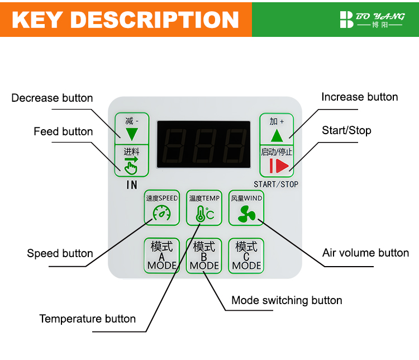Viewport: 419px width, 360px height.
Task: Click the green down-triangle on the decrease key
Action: (x=132, y=134)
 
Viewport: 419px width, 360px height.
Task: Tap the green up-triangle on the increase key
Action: (x=277, y=136)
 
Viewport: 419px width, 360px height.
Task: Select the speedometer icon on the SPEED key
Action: (x=161, y=213)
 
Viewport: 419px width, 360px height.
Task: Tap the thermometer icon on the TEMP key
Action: (x=204, y=214)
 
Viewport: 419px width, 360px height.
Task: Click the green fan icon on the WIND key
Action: (x=246, y=214)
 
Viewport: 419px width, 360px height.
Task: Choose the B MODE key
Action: (x=204, y=255)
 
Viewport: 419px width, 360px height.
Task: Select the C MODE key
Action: (x=246, y=255)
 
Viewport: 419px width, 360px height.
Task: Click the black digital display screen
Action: (x=203, y=144)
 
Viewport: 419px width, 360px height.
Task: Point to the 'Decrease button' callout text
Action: (x=52, y=98)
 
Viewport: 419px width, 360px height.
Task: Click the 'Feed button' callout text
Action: (x=63, y=131)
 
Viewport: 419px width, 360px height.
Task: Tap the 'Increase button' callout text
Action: (x=360, y=97)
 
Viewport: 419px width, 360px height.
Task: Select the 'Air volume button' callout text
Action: (x=365, y=253)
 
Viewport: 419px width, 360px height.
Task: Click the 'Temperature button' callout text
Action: (x=88, y=319)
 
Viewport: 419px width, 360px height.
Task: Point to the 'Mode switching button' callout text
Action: (x=287, y=300)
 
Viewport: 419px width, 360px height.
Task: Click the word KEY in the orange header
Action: (x=37, y=20)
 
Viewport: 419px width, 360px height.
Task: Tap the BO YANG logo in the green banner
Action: (x=372, y=20)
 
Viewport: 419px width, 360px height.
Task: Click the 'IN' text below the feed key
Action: (x=132, y=185)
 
